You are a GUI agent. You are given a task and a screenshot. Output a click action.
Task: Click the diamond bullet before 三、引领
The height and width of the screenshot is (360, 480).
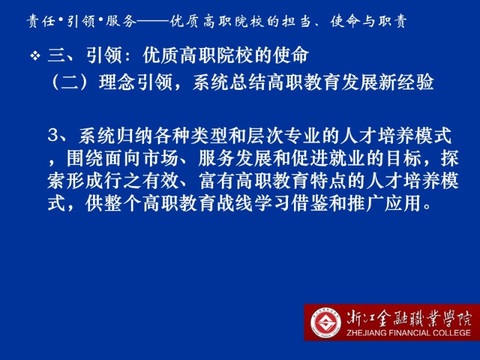point(35,56)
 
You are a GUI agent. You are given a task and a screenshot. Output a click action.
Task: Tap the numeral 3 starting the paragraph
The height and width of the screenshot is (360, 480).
point(53,135)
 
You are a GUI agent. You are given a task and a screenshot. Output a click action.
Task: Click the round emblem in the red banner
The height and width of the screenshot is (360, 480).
point(325,323)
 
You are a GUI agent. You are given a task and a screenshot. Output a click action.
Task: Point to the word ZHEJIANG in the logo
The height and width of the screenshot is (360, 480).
point(366,332)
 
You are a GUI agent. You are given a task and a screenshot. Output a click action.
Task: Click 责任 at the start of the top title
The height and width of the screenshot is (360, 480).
point(41,21)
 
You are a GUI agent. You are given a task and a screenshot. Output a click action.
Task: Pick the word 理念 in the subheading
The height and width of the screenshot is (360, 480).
point(117,82)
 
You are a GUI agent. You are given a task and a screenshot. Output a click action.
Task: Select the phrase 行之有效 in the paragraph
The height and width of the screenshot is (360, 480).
point(142,181)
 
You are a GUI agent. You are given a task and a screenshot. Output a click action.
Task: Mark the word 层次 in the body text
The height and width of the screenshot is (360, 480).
point(266,136)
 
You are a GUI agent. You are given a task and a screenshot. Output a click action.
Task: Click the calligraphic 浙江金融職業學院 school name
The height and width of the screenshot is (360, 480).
point(409,319)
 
